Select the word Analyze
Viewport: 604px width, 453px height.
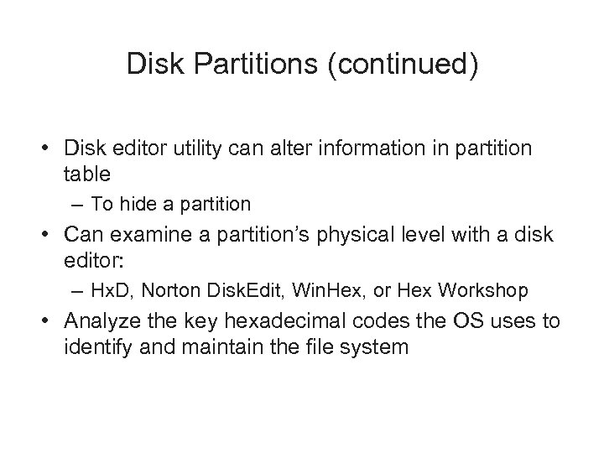105,320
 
